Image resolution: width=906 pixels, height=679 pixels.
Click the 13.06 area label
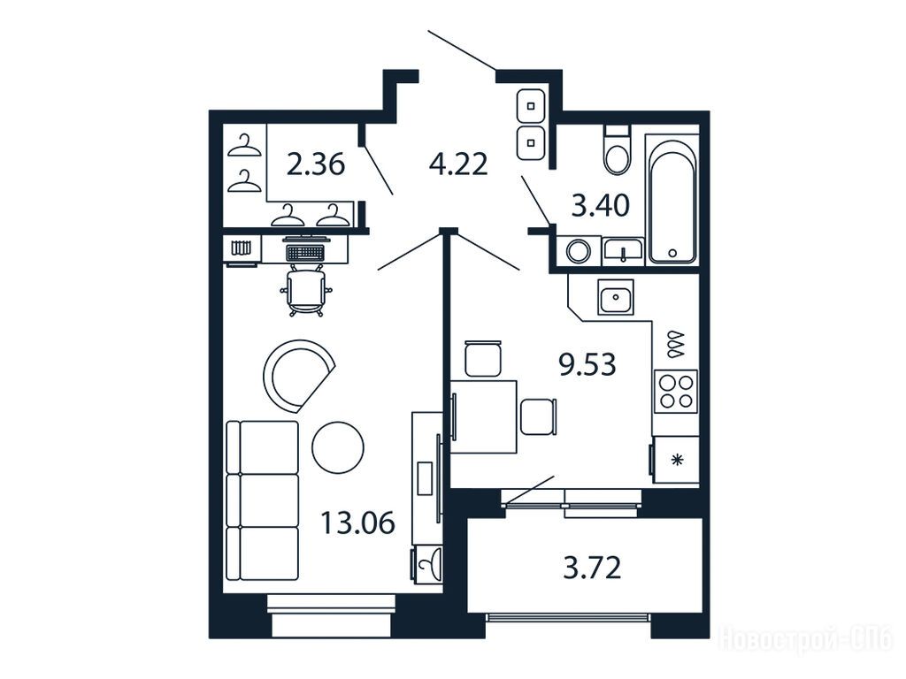tap(357, 523)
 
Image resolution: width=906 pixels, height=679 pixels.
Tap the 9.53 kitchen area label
tap(587, 364)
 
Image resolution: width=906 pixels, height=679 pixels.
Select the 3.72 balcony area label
tap(592, 568)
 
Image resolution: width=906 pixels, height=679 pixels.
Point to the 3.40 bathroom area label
tap(601, 205)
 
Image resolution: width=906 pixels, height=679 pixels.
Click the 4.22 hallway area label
tap(458, 164)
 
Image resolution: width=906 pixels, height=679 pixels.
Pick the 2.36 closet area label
tap(316, 164)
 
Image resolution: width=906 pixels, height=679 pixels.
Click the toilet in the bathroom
tap(617, 149)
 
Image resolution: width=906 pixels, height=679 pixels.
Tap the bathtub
tap(672, 199)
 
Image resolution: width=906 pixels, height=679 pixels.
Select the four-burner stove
tap(676, 392)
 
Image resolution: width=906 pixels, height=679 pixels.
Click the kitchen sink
tap(616, 297)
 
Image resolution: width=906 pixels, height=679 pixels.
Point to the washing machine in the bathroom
tap(579, 252)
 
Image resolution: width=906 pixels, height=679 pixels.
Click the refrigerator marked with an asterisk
tap(676, 460)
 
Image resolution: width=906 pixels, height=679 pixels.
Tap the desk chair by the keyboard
tap(305, 291)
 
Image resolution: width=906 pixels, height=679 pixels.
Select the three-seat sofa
tap(262, 500)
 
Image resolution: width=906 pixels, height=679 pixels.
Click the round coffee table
tap(338, 447)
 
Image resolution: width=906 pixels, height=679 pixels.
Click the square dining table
tap(484, 416)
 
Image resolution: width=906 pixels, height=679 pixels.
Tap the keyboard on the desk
tap(304, 252)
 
